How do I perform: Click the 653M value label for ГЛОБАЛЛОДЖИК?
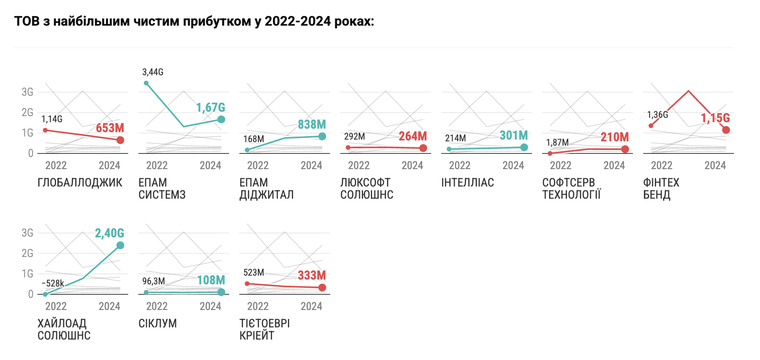click(110, 128)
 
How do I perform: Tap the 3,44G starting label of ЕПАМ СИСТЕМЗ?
click(153, 72)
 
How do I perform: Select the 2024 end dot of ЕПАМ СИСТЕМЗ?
click(221, 119)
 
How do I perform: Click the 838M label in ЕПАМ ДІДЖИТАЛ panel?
click(312, 124)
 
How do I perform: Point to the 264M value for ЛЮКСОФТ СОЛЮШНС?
click(413, 136)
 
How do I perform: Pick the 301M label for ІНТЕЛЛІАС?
click(513, 135)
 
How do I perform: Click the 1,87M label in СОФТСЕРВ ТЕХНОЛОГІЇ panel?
click(557, 142)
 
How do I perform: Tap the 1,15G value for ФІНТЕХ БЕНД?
click(715, 118)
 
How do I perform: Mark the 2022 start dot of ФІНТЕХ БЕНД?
click(651, 126)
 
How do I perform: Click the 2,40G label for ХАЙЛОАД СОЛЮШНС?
click(110, 233)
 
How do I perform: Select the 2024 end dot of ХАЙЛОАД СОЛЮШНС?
click(120, 245)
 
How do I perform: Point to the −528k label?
click(53, 283)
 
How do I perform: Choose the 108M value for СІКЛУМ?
click(211, 280)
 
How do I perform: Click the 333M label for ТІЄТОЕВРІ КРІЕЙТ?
click(312, 275)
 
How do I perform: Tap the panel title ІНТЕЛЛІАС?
click(467, 183)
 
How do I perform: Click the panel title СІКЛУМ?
click(157, 323)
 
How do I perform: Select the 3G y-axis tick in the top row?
click(27, 92)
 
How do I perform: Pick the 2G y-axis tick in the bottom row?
click(27, 253)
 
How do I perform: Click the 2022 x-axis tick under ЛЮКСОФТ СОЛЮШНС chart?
click(359, 165)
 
